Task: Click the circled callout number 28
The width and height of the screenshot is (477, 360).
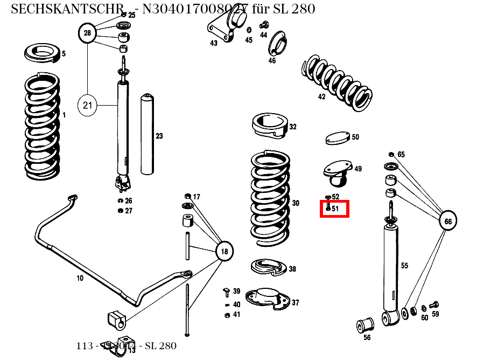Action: click(87, 33)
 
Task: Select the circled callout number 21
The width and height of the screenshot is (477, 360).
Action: click(88, 105)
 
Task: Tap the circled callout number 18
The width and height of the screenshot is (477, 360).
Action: click(225, 251)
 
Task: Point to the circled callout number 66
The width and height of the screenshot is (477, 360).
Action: click(447, 221)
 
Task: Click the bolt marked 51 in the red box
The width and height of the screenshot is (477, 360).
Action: click(327, 207)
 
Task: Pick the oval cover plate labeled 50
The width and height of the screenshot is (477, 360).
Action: click(337, 139)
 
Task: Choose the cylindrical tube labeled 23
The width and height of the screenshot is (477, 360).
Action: click(146, 135)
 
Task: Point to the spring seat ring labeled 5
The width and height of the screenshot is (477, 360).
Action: click(43, 53)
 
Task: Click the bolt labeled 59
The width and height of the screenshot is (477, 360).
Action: click(435, 305)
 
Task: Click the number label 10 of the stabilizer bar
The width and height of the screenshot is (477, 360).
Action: click(80, 278)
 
